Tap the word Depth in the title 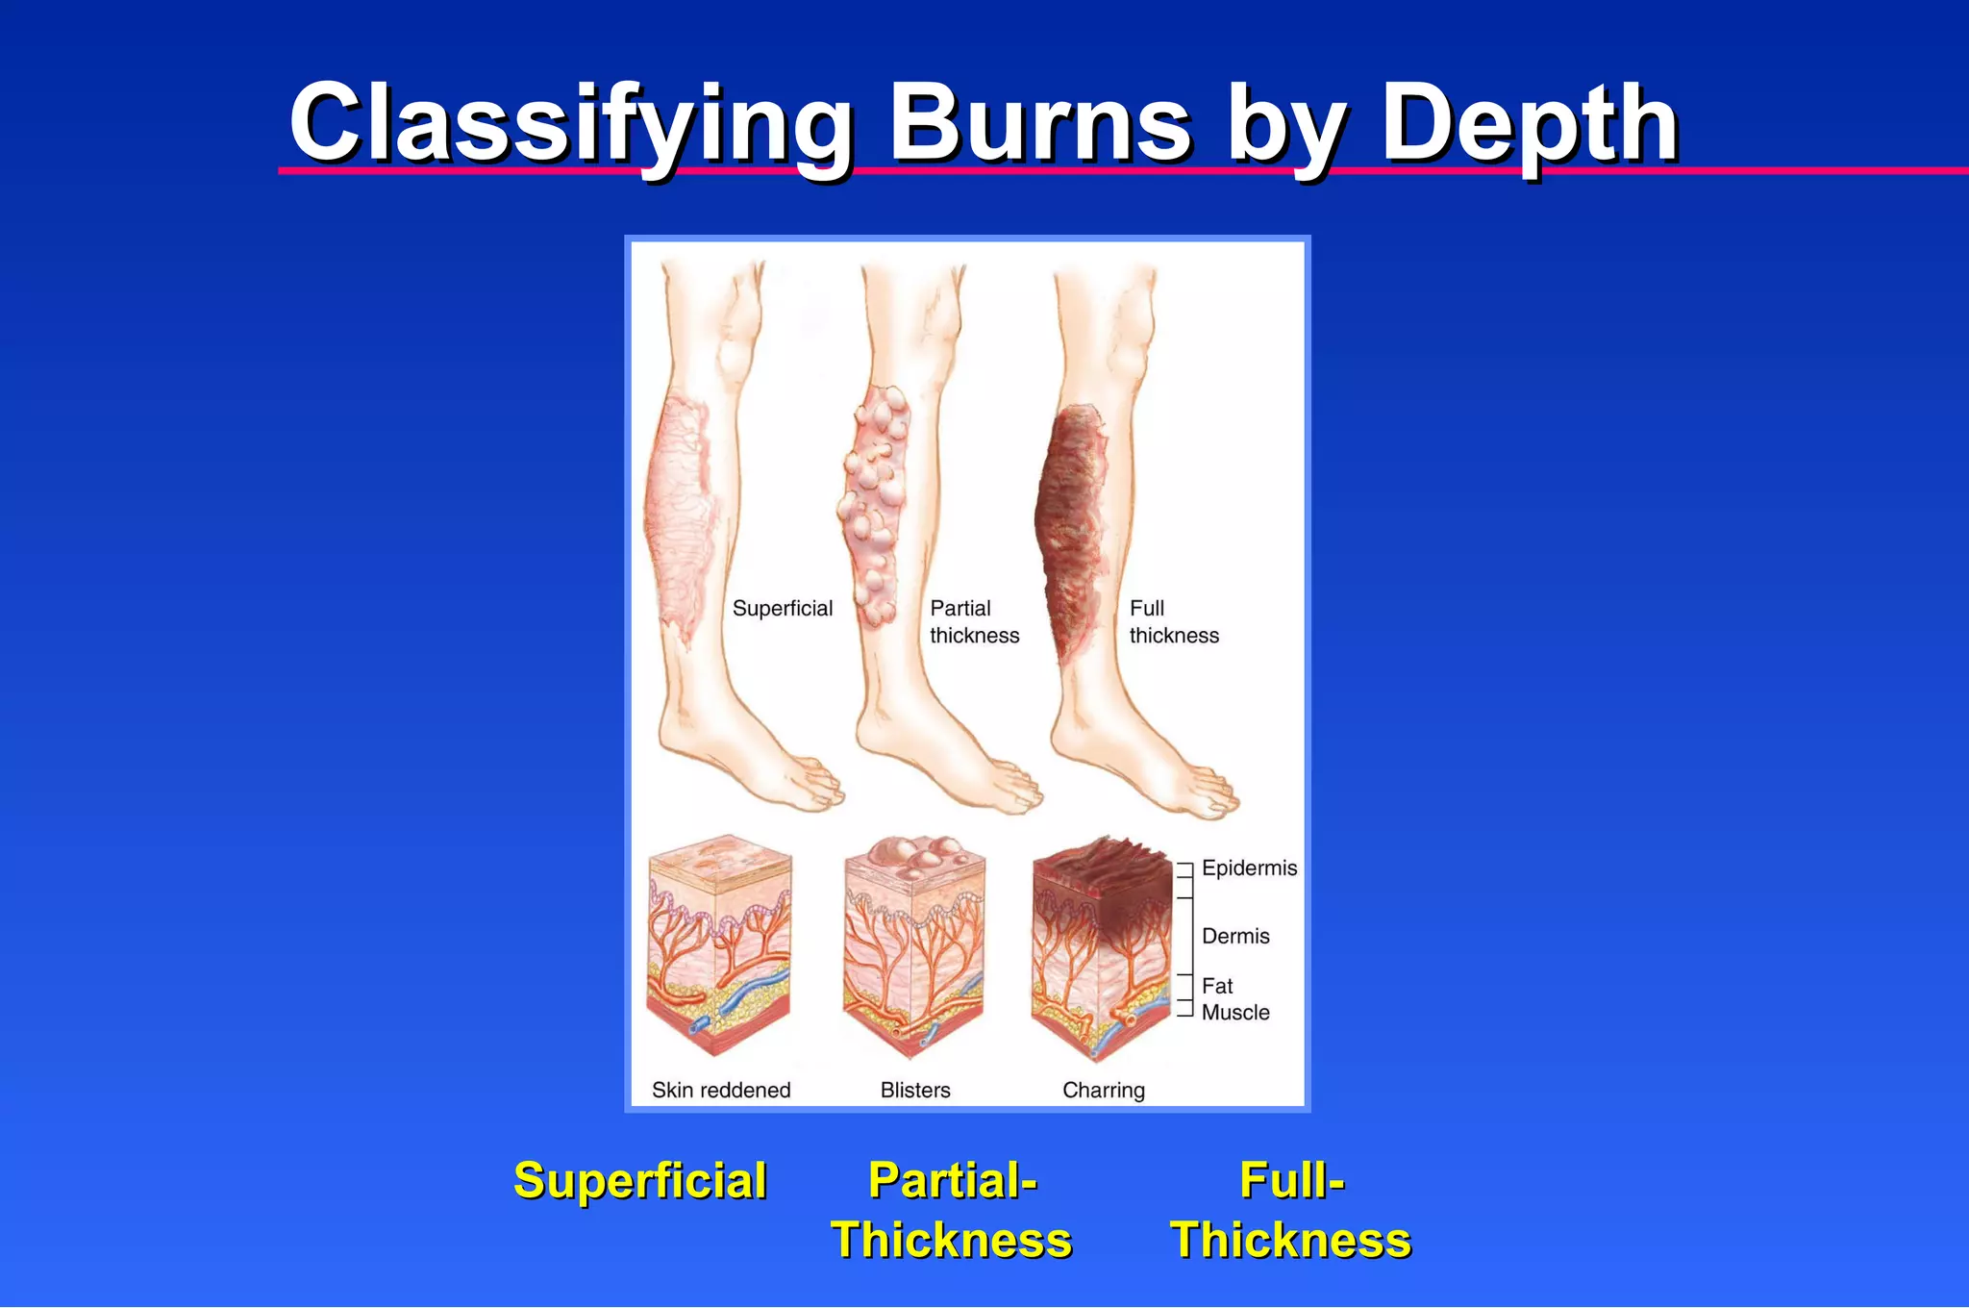point(1530,125)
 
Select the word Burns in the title point(1040,125)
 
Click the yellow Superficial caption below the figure point(640,1181)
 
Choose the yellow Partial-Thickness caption point(952,1210)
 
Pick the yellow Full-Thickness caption point(1291,1210)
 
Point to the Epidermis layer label point(1249,868)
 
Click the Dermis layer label point(1235,936)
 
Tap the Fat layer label point(1217,986)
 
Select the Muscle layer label point(1235,1013)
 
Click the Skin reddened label point(721,1091)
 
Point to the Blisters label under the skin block point(915,1091)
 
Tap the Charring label point(1104,1091)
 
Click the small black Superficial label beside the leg point(783,609)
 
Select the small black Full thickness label point(1174,622)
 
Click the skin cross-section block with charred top point(1102,947)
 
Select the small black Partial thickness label point(974,622)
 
